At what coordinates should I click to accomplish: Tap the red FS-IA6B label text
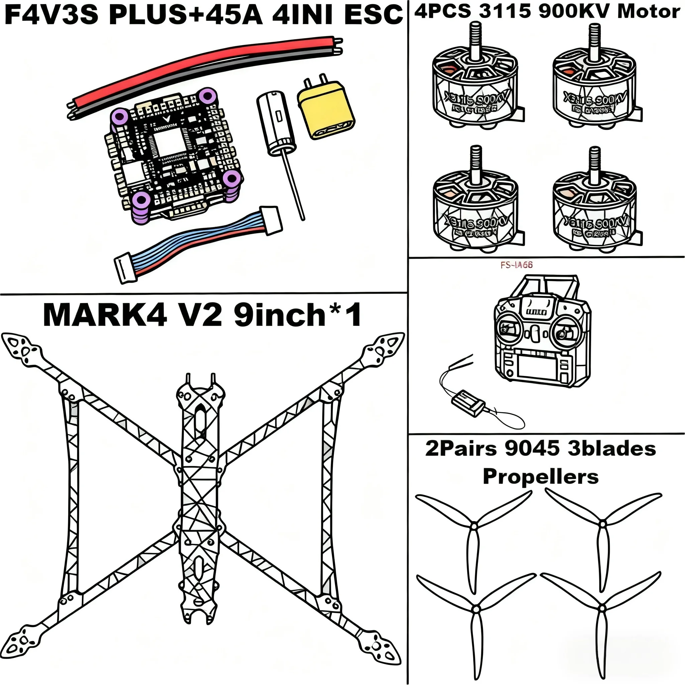click(516, 265)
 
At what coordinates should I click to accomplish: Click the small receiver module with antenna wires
click(468, 401)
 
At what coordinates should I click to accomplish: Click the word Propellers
click(541, 477)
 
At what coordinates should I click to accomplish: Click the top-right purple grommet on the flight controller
click(207, 96)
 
